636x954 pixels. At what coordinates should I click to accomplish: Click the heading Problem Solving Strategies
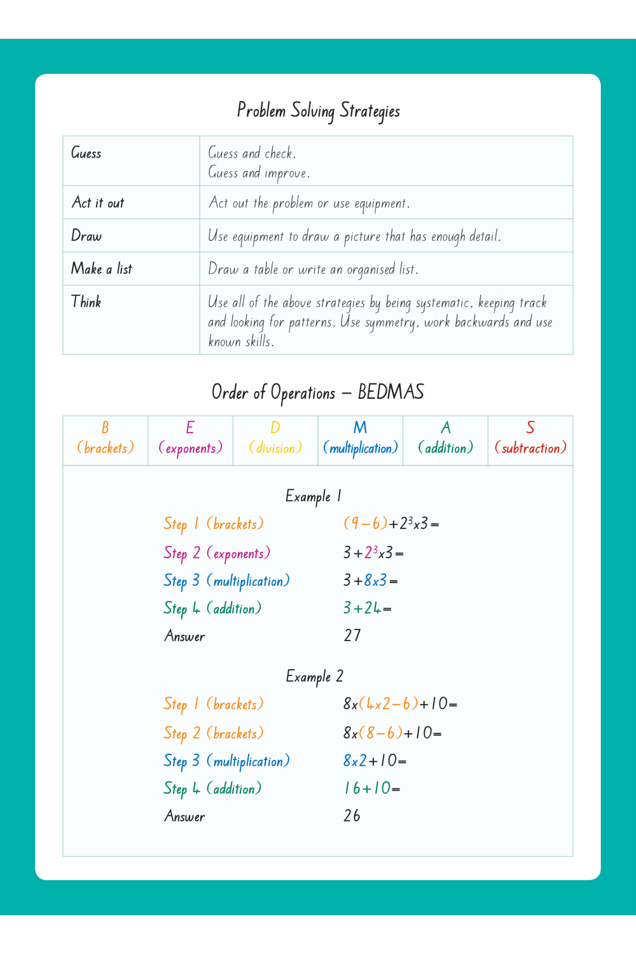tap(318, 111)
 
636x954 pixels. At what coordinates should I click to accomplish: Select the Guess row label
tap(86, 153)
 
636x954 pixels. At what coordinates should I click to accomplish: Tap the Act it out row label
tap(98, 203)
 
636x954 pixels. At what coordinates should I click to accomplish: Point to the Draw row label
tap(86, 236)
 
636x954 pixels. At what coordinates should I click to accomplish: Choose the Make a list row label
tap(102, 269)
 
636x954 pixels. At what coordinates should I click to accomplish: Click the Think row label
tap(86, 302)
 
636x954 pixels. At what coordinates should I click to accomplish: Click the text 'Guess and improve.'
tap(259, 173)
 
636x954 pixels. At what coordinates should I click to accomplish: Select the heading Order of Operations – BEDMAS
tap(318, 392)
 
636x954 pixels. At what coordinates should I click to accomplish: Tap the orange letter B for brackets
tap(105, 428)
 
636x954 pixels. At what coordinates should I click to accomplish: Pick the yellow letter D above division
tap(275, 428)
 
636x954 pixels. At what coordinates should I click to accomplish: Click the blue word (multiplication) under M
tap(361, 448)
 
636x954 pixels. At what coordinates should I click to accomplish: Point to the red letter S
tap(530, 428)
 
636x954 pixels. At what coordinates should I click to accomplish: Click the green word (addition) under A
tap(446, 448)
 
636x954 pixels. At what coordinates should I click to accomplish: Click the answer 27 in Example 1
tap(352, 635)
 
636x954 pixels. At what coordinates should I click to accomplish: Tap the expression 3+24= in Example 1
tap(368, 609)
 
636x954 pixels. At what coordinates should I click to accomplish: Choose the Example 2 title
tap(314, 676)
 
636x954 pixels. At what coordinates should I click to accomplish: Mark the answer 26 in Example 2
tap(352, 816)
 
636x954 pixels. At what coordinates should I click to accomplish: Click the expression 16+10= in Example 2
tap(372, 789)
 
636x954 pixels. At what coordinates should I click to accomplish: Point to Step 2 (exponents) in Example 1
tap(217, 553)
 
